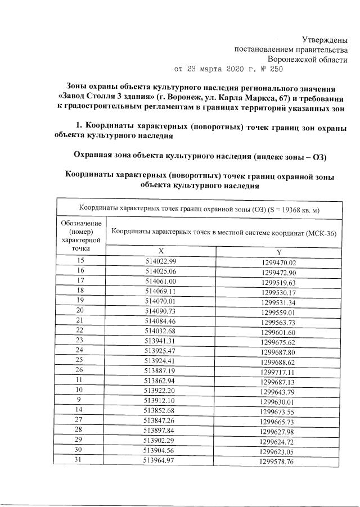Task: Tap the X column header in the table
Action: tap(161, 252)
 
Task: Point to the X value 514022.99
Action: tap(161, 262)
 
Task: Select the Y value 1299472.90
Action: tap(278, 272)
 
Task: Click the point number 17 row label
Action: tap(80, 280)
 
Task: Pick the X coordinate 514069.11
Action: tap(161, 291)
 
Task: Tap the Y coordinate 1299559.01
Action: tap(278, 312)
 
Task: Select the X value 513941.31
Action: tap(161, 341)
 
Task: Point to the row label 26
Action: tap(80, 370)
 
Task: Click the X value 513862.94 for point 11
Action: tap(161, 381)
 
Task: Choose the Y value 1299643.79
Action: tap(278, 391)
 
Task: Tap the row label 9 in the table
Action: tap(80, 400)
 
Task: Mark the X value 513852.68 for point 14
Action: tap(161, 410)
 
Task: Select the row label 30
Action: tap(80, 450)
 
